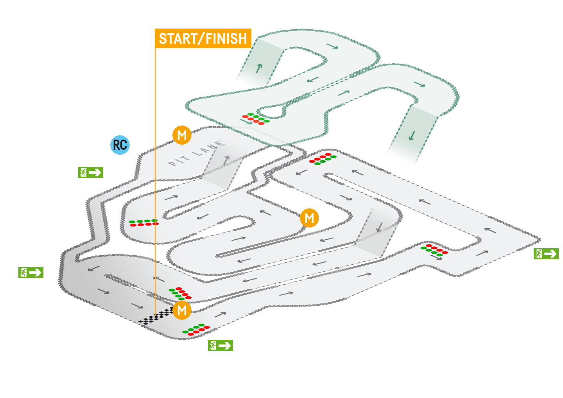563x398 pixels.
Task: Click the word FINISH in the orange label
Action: tap(226, 39)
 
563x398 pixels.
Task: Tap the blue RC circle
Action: tap(120, 145)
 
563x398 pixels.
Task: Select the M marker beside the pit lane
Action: tap(182, 135)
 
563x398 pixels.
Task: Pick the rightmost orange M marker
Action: tap(309, 218)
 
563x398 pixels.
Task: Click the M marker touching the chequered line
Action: tap(182, 310)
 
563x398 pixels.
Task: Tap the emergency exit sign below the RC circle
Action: tap(91, 172)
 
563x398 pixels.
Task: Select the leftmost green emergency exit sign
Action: tap(31, 273)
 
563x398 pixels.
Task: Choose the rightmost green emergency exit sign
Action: tap(546, 254)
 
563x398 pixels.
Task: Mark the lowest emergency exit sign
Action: tap(220, 345)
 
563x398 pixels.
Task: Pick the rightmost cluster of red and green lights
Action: tap(434, 250)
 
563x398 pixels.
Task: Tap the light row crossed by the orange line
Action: tap(144, 223)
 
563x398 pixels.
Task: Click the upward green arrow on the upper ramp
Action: tap(259, 68)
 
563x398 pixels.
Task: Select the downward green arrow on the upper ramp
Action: tap(411, 136)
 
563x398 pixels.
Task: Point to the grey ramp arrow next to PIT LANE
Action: tap(226, 160)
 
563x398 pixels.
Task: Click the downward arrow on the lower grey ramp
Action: tap(379, 227)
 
